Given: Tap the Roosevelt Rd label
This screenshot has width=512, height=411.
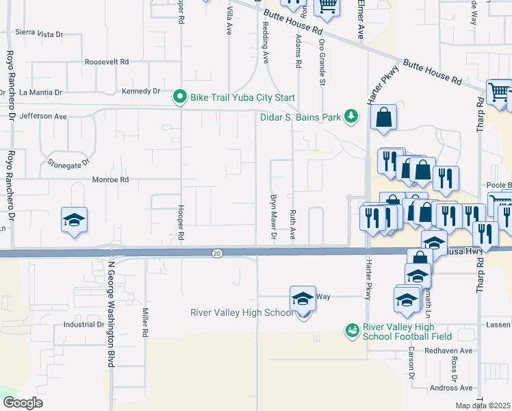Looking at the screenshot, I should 107,62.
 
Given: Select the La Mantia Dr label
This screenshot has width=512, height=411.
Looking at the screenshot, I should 40,92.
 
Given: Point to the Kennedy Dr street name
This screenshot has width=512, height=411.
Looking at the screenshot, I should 140,91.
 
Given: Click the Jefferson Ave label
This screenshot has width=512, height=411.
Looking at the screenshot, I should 43,116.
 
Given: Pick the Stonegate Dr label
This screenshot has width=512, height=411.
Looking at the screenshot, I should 69,164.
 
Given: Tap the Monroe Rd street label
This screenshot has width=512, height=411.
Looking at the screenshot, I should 111,179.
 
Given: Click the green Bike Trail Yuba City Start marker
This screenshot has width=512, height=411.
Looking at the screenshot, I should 180,97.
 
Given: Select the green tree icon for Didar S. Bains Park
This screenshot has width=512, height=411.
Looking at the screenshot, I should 351,116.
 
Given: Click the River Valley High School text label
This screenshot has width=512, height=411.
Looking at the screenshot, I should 241,313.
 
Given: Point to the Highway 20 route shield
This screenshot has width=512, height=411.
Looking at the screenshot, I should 217,253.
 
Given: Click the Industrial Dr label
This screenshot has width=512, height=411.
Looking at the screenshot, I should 83,325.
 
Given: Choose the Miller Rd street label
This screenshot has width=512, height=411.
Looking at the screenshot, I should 145,321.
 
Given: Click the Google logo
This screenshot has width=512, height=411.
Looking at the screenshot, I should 23,402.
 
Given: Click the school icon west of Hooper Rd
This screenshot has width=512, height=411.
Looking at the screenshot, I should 74,221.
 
